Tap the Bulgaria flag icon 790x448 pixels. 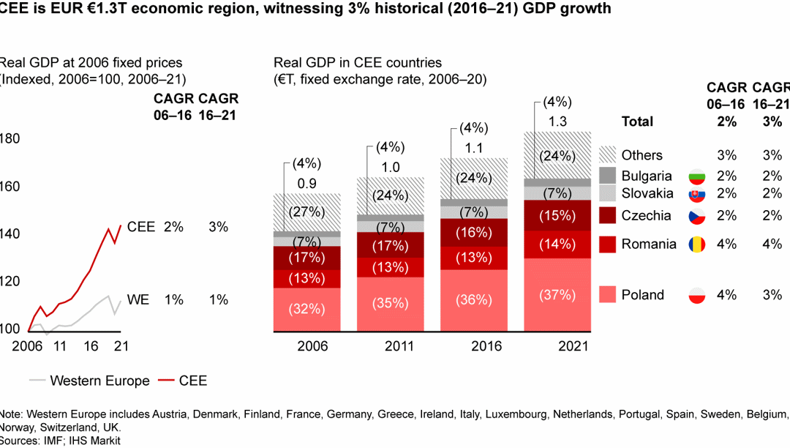tap(696, 176)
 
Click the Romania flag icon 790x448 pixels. tap(696, 244)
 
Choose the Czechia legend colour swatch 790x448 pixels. tap(608, 215)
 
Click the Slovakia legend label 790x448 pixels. tap(647, 193)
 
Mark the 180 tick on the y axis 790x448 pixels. tap(10, 139)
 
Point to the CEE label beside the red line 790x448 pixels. tap(140, 227)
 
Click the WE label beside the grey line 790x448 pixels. tap(137, 299)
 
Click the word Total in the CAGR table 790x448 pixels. tap(637, 122)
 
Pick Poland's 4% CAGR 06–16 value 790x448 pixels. tap(726, 294)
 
